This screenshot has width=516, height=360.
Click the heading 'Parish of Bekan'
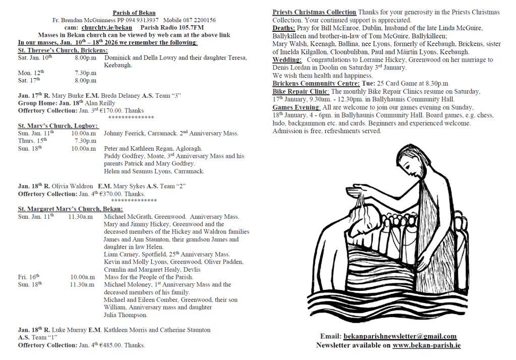(x=134, y=13)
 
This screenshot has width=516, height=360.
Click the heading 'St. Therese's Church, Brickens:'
(x=63, y=50)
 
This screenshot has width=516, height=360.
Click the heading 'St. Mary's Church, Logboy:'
(x=58, y=126)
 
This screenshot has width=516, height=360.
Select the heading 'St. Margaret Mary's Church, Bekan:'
(x=70, y=209)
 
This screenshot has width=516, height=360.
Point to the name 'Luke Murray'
(x=69, y=330)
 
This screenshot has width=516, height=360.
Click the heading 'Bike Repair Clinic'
(x=301, y=91)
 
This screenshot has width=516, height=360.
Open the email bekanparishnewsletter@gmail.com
(x=400, y=336)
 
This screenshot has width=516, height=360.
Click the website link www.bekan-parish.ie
(x=426, y=345)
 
